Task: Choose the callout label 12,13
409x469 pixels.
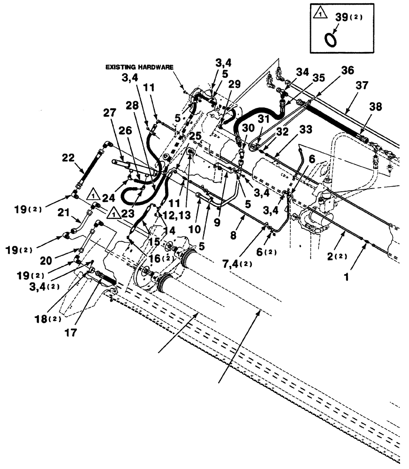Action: (x=174, y=214)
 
